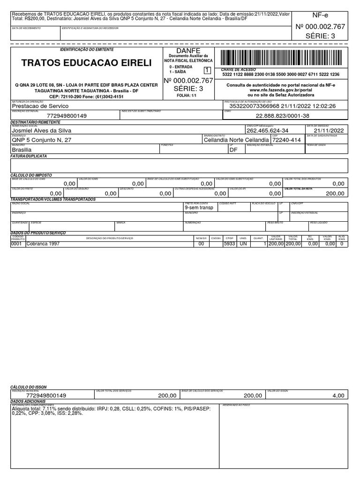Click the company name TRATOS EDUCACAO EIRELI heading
(x=87, y=63)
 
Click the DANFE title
(x=188, y=51)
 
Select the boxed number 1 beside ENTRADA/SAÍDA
(x=207, y=69)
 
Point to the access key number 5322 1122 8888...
(x=281, y=75)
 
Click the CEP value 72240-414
(x=287, y=140)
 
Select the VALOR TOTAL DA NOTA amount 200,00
(x=335, y=193)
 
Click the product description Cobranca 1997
(x=43, y=244)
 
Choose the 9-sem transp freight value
(x=199, y=207)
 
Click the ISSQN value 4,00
(x=338, y=396)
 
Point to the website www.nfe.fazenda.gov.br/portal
(x=281, y=89)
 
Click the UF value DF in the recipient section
(x=233, y=150)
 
